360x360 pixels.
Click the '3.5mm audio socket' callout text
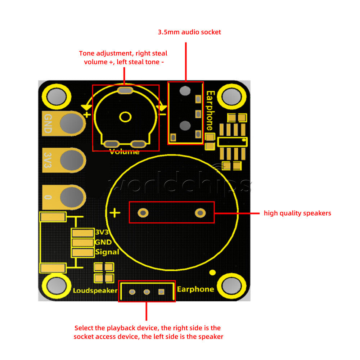click(x=189, y=32)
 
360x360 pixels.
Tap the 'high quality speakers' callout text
click(x=297, y=213)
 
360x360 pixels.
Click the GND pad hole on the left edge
click(x=72, y=123)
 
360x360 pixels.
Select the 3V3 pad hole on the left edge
click(x=72, y=160)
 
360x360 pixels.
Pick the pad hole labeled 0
click(x=72, y=197)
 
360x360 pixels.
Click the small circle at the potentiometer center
click(x=125, y=117)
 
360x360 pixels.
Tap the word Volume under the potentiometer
click(x=124, y=152)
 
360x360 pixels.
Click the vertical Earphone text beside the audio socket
click(x=210, y=111)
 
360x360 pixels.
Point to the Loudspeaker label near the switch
click(x=95, y=291)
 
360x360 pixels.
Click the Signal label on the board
click(x=107, y=252)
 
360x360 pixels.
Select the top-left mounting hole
click(x=57, y=96)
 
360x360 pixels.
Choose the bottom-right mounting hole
click(x=231, y=286)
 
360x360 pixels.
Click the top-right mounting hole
click(x=231, y=96)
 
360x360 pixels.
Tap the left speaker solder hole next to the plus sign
click(x=143, y=213)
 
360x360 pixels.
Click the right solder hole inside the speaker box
click(x=200, y=213)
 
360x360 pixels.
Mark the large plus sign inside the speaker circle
click(x=115, y=213)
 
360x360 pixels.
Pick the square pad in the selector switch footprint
click(x=161, y=292)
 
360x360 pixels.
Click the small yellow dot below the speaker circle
click(x=213, y=273)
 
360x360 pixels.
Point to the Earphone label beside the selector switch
click(x=195, y=289)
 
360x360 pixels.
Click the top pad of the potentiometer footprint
click(x=125, y=90)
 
